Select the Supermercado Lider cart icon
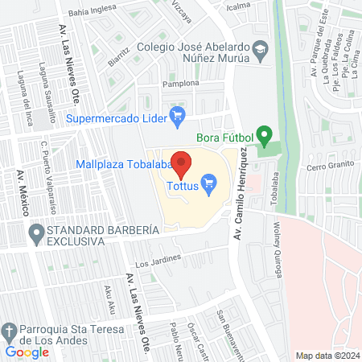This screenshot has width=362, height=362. point(179,118)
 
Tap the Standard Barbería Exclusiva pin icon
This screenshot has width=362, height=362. point(35,234)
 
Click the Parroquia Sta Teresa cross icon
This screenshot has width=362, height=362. point(9,331)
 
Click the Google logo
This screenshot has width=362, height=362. point(27,351)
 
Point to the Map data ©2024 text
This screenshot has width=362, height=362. point(327,355)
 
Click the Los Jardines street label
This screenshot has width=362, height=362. point(154,262)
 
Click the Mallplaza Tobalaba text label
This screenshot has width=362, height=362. point(125,165)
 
